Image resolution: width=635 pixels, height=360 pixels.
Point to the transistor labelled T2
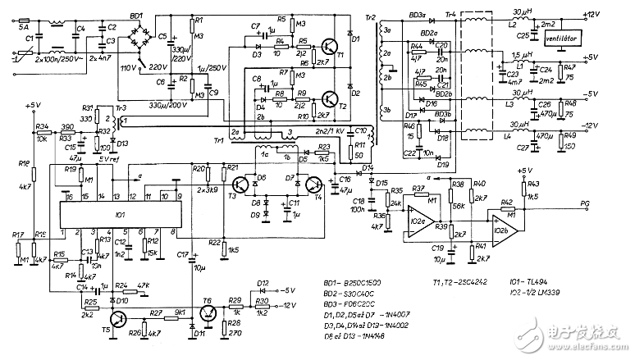tap(328, 100)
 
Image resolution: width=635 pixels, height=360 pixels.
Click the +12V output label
tap(617, 15)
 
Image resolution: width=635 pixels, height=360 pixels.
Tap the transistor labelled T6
tap(208, 312)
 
